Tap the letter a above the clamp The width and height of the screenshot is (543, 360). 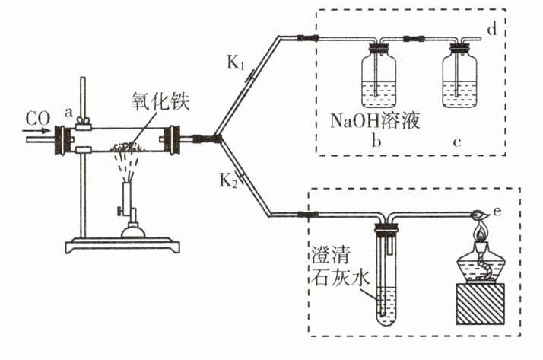pyautogui.click(x=68, y=112)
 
